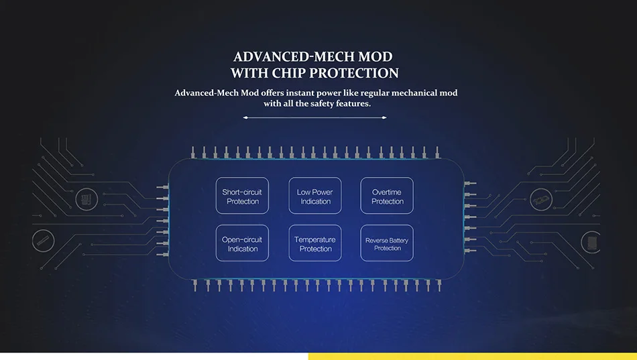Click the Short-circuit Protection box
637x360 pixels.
[x=242, y=196]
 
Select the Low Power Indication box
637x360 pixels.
[x=315, y=196]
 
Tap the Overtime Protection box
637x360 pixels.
[x=387, y=196]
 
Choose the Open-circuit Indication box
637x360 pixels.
[x=242, y=243]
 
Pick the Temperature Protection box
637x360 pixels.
[x=315, y=243]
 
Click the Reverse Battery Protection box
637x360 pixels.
[x=387, y=243]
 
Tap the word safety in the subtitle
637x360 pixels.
[x=324, y=104]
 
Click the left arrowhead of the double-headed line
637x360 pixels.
[x=245, y=117]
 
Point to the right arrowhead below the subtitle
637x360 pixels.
[x=385, y=117]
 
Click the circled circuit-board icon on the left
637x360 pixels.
[x=85, y=198]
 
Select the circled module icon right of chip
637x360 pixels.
[x=540, y=199]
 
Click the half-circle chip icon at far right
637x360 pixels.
[x=591, y=241]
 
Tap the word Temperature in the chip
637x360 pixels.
[x=315, y=239]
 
